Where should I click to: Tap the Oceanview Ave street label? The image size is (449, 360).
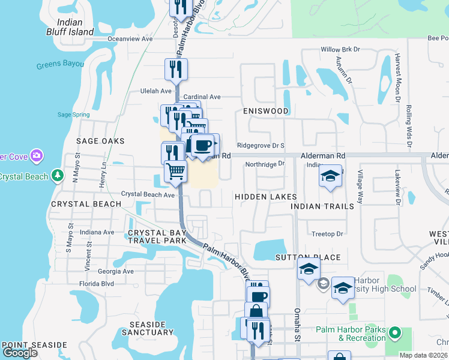[130, 38]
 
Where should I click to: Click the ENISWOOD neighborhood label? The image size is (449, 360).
[266, 111]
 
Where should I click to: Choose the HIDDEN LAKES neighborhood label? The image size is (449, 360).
[265, 197]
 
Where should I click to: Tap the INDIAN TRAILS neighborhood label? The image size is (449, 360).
[322, 206]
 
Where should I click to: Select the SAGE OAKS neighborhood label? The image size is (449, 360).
[100, 141]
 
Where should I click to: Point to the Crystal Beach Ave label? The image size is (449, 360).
[148, 194]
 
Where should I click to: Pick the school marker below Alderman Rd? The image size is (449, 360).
[330, 177]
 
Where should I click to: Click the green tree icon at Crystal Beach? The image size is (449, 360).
[57, 176]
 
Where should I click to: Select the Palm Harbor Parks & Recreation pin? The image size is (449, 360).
[394, 332]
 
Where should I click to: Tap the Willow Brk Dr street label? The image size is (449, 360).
[340, 49]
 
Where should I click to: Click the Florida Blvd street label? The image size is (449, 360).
[97, 283]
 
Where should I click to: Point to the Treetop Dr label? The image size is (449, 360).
[327, 234]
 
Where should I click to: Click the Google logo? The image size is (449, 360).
[20, 353]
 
